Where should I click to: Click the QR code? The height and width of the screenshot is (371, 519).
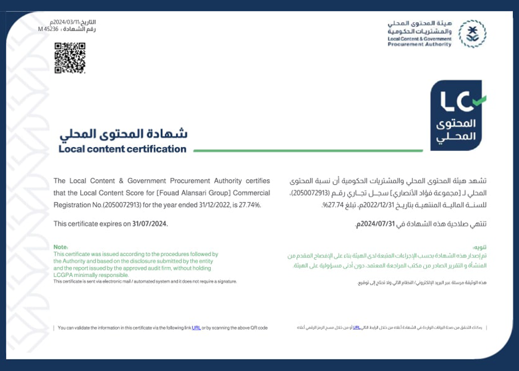pos(70,58)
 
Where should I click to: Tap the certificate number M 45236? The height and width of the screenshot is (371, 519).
pos(48,29)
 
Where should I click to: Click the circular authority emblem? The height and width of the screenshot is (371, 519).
pos(472,34)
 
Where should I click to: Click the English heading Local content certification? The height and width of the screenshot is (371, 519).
pos(122,149)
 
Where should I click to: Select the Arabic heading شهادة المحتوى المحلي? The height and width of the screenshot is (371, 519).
pos(123,134)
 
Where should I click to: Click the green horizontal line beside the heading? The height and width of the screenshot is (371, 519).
pos(308,151)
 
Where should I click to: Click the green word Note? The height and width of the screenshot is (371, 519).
pos(60,247)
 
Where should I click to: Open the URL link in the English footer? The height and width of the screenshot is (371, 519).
pos(196,328)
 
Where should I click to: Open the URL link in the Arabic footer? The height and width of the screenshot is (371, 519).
pos(356,328)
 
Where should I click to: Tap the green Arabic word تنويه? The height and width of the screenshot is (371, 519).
pos(480,247)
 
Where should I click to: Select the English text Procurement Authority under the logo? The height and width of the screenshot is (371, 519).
pos(419,44)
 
